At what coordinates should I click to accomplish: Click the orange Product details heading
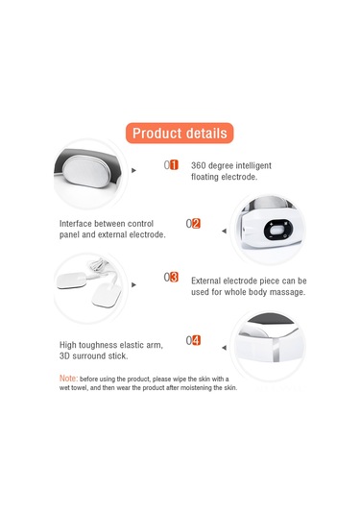(x=180, y=134)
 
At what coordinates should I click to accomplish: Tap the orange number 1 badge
(x=175, y=165)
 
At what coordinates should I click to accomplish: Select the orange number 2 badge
(x=196, y=224)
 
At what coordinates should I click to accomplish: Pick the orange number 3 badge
(x=175, y=278)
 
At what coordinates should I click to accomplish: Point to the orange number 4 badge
(x=196, y=340)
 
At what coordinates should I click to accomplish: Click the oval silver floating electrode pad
(x=87, y=171)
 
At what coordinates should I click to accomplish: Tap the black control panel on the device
(x=278, y=230)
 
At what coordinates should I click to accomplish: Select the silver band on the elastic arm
(x=276, y=350)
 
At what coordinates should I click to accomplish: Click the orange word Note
(x=68, y=379)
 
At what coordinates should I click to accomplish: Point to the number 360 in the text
(x=199, y=165)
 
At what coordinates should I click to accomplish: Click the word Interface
(x=75, y=224)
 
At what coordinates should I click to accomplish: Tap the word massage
(x=292, y=292)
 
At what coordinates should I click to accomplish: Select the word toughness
(x=98, y=345)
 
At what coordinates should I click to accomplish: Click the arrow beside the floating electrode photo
(x=133, y=170)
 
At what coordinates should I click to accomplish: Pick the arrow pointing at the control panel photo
(x=224, y=232)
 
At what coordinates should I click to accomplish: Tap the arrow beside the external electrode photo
(x=133, y=285)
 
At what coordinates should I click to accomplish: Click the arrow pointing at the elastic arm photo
(x=224, y=348)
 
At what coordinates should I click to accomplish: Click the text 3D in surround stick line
(x=64, y=356)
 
